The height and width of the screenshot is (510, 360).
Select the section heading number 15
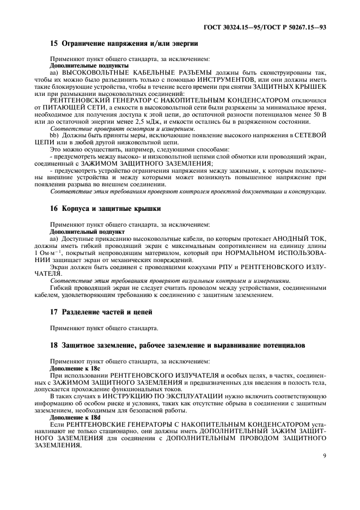pyautogui.click(x=54, y=42)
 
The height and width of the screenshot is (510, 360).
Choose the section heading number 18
pyautogui.click(x=54, y=346)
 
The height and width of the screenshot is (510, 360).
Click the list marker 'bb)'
pyautogui.click(x=54, y=136)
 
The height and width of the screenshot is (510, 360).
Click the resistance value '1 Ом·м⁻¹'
pyautogui.click(x=66, y=253)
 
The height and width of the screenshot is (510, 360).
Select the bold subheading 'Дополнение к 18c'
pyautogui.click(x=75, y=368)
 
